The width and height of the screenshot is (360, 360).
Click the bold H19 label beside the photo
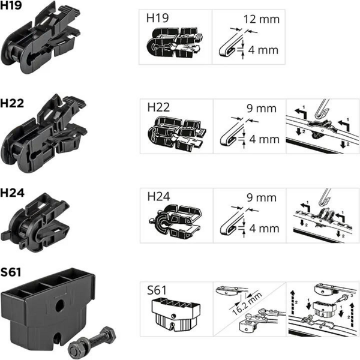(11, 5)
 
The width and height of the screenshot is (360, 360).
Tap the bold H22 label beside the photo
(12, 103)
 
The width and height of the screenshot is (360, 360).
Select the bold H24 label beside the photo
(12, 193)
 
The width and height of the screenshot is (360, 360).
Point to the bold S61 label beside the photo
(11, 272)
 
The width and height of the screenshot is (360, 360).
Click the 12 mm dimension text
(262, 19)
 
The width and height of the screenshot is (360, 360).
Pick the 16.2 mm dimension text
(247, 304)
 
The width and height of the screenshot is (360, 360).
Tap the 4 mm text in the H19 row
(263, 50)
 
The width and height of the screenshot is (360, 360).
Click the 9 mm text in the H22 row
(262, 109)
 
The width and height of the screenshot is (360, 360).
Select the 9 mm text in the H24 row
(262, 197)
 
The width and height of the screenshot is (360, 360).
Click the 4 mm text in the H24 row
(264, 229)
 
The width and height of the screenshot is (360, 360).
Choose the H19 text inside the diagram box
(157, 18)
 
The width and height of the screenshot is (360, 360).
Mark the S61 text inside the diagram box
(157, 290)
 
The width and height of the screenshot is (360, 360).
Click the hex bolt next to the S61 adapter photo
(92, 343)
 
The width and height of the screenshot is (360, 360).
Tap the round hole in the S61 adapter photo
(59, 305)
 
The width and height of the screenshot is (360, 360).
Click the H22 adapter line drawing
(177, 134)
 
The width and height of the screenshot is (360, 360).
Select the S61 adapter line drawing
(176, 314)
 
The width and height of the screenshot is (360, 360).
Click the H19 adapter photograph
(41, 38)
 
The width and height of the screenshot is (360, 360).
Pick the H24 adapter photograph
(35, 222)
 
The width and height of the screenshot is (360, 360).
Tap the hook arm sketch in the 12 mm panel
(231, 43)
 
